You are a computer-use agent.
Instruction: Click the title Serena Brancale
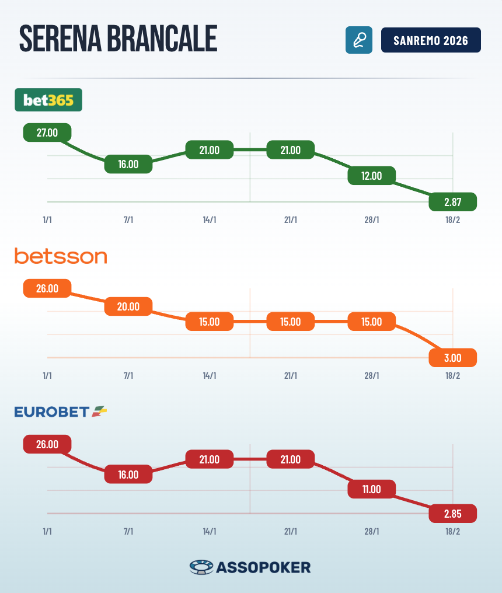118,40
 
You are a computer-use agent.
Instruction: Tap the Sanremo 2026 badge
431,40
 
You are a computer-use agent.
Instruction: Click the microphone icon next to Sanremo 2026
358,40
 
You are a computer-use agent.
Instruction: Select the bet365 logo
48,100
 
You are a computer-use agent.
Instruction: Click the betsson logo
61,256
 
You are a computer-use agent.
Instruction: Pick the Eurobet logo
61,411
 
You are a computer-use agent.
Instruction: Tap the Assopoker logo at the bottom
250,567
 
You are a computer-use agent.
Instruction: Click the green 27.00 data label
47,132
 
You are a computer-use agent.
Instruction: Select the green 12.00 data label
372,176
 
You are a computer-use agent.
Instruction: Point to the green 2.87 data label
453,202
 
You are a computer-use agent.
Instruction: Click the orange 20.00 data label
128,306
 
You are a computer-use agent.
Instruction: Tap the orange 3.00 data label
453,358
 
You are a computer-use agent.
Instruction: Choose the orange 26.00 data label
47,288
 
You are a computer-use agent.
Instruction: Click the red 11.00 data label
372,489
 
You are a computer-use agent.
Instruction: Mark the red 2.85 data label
453,514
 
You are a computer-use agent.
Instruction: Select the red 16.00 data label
128,475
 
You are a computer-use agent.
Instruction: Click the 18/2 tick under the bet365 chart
453,220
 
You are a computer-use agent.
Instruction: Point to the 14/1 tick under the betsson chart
210,376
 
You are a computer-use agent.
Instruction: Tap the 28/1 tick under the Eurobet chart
372,532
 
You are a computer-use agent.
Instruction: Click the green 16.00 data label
128,164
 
